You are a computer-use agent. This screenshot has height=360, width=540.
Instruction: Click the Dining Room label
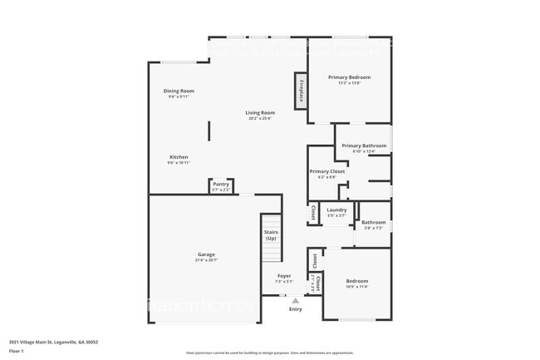click(x=179, y=91)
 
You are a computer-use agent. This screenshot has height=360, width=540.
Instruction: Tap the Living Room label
click(x=260, y=112)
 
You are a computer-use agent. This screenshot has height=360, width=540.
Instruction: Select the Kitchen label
click(x=179, y=157)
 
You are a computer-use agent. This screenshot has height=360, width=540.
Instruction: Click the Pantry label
click(x=221, y=184)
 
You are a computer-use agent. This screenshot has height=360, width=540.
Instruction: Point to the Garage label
click(x=206, y=254)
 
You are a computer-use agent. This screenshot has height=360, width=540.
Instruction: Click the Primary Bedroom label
click(x=349, y=77)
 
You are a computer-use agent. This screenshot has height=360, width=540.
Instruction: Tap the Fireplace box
click(x=301, y=90)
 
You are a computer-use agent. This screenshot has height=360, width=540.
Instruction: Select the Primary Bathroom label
click(x=364, y=145)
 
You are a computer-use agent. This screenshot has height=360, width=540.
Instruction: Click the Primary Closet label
click(x=327, y=171)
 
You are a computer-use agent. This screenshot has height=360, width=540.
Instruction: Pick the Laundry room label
click(x=336, y=210)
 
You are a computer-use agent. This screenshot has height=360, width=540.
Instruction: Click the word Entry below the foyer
click(x=296, y=309)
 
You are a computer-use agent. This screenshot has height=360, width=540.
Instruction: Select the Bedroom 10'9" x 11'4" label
click(x=357, y=281)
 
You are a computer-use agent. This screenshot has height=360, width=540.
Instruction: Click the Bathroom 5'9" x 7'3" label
click(x=374, y=222)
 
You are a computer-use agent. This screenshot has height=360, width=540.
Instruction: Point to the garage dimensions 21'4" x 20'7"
click(x=206, y=260)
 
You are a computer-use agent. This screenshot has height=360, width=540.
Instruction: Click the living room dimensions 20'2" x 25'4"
click(x=260, y=118)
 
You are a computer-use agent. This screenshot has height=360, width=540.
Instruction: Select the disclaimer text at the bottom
click(x=269, y=353)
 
